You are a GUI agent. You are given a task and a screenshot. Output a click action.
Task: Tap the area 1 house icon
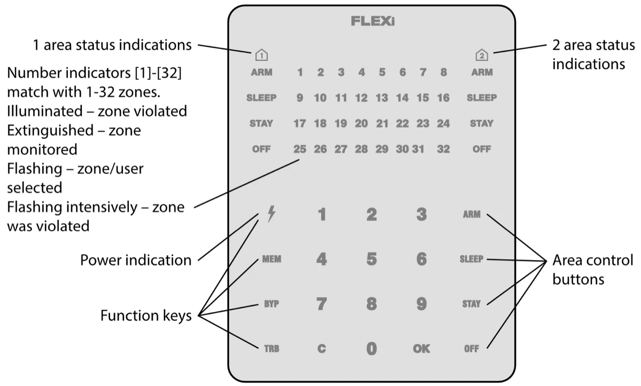tap(261, 54)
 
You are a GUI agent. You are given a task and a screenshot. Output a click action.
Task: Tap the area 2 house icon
tap(481, 54)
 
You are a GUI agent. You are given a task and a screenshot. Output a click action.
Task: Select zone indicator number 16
tap(443, 98)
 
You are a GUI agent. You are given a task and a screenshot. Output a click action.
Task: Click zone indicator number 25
tap(300, 149)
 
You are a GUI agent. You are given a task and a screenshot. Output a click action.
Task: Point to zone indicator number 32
tap(443, 149)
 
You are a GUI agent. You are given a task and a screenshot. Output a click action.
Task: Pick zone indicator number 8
tap(443, 72)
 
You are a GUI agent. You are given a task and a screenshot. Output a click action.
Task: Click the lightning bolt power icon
tap(271, 215)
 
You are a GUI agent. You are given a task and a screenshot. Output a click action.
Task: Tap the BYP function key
tap(271, 304)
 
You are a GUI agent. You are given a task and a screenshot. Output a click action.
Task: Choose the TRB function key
tap(271, 349)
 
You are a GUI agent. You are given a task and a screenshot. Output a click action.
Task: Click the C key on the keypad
tap(322, 349)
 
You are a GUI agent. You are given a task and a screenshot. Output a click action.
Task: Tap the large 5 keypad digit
tap(371, 259)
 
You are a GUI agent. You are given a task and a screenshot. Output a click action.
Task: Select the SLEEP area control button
tap(471, 259)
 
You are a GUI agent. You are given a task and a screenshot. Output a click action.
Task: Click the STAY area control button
tap(471, 304)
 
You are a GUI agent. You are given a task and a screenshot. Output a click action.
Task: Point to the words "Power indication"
tap(136, 261)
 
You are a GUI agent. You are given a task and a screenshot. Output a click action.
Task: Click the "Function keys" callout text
tap(146, 317)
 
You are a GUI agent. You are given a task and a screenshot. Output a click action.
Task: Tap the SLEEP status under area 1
tap(261, 98)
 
